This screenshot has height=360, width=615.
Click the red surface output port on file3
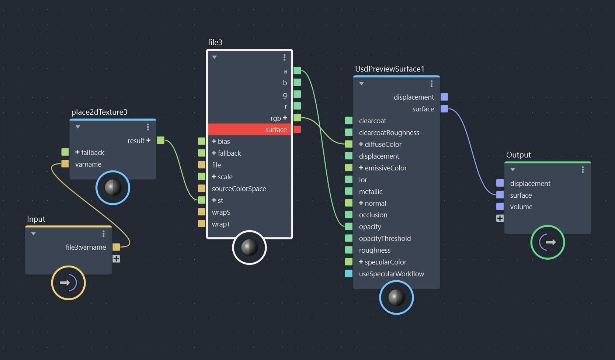[x=297, y=129]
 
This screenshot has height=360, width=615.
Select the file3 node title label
[x=215, y=42]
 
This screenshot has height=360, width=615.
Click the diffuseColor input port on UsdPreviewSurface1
[x=349, y=144]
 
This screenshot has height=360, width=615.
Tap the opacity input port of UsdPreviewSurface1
[x=349, y=226]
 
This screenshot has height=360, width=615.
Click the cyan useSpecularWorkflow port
[x=349, y=274]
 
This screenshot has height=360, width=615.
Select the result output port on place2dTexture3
[x=161, y=140]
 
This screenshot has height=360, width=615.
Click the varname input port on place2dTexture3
[x=65, y=164]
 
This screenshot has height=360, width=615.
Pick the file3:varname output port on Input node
[x=116, y=247]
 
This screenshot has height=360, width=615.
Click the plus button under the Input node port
[x=116, y=259]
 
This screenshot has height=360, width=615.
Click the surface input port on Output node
[x=500, y=195]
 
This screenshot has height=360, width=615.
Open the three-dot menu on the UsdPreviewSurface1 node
[x=431, y=84]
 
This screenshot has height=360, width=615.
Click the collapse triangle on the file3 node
[x=214, y=57]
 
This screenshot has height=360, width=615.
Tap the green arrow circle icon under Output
[x=548, y=242]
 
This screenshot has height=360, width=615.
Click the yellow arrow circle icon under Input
[x=69, y=283]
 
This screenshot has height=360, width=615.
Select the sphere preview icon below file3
[x=249, y=247]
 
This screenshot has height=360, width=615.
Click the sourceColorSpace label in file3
[x=239, y=188]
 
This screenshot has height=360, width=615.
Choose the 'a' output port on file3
[x=297, y=70]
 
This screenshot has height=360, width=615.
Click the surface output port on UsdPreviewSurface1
[x=444, y=109]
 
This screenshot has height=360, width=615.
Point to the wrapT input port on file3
[x=202, y=224]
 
